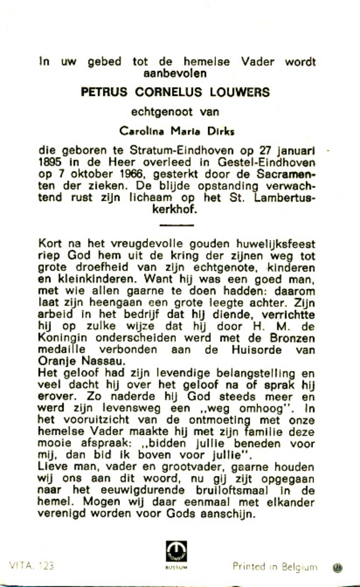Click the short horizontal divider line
[177, 225]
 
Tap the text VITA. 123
[31, 566]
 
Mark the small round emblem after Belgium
[337, 568]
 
